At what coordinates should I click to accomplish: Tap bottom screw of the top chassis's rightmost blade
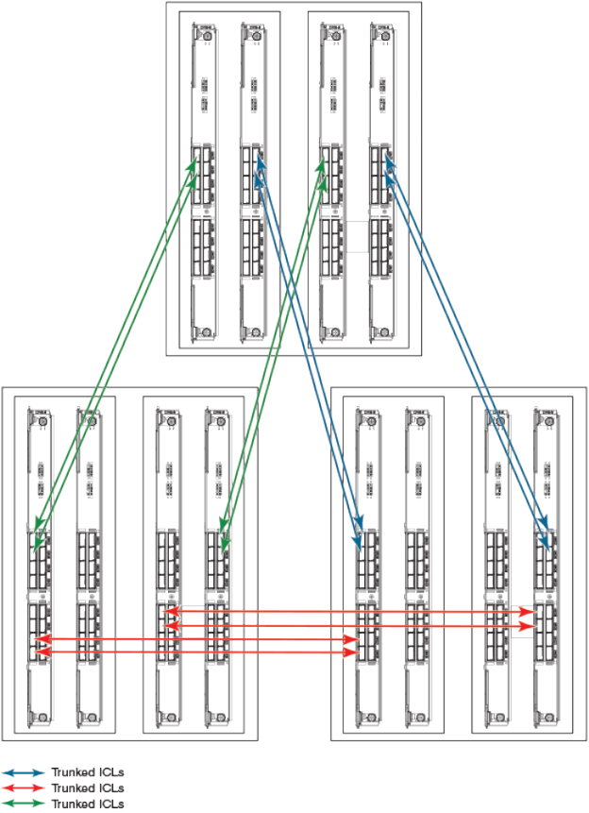click(x=383, y=332)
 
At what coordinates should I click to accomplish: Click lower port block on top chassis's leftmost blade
click(x=203, y=249)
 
